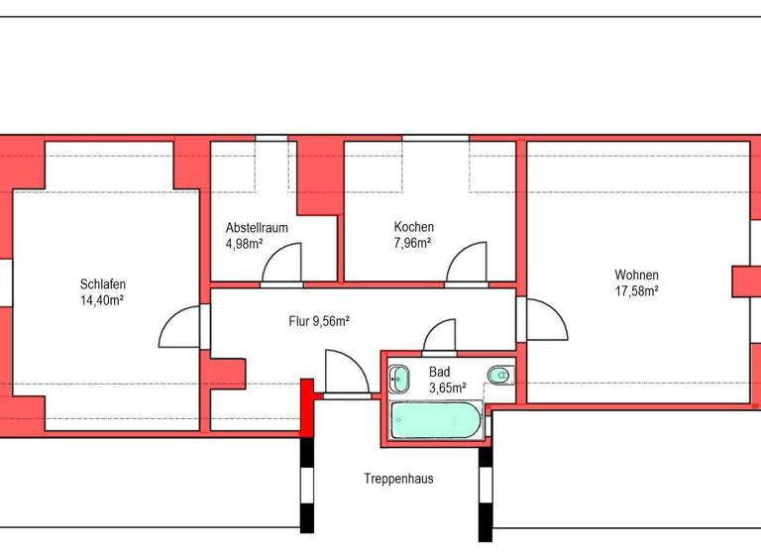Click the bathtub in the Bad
coord(436,420)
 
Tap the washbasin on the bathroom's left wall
coord(398,377)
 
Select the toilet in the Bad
coord(500,375)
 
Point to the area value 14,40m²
coord(102,299)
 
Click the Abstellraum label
coord(257,227)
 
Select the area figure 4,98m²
coord(244,243)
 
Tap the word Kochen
coord(413,227)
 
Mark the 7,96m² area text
coord(413,243)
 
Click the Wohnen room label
coord(636,275)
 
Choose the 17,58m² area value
coord(636,291)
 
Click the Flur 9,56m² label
coord(318,320)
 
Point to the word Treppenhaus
coord(398,479)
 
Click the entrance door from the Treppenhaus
coord(346,374)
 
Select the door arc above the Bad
coord(439,336)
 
